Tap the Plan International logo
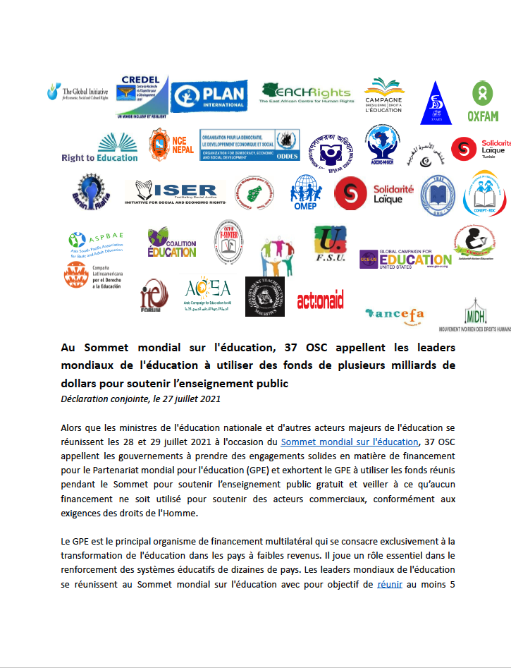[210, 96]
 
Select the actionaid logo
[320, 300]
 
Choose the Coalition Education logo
[172, 243]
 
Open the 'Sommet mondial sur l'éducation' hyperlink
[349, 442]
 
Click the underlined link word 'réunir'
[390, 583]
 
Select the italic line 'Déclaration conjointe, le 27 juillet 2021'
[141, 399]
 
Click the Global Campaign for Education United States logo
[405, 259]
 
